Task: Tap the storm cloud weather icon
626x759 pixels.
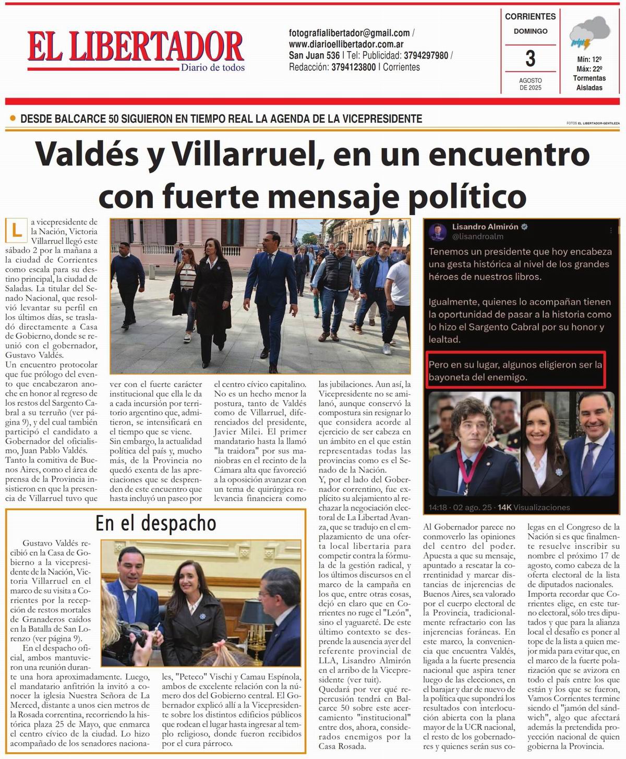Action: pos(591,32)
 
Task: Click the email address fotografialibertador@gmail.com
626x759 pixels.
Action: pos(349,33)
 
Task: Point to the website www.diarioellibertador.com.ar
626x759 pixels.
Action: pos(346,44)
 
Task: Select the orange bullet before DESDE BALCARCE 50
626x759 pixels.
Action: pos(13,119)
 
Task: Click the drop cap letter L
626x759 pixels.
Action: pos(17,230)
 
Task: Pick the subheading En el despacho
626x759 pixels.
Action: pos(155,523)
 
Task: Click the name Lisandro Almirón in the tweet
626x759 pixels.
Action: pos(485,227)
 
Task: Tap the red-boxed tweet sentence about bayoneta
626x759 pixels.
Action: pos(515,370)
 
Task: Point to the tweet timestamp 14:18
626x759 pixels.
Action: pos(438,507)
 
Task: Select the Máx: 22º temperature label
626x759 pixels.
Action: pos(589,69)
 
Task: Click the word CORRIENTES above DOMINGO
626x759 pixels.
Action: pos(530,17)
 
